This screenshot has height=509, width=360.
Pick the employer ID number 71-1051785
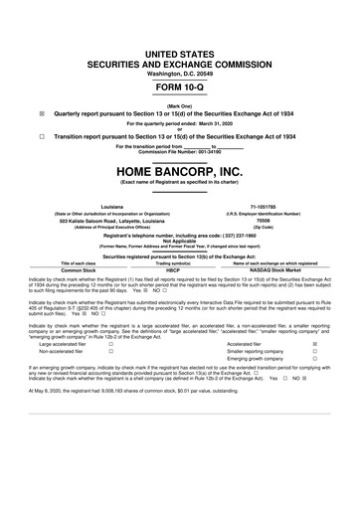tap(270, 204)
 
